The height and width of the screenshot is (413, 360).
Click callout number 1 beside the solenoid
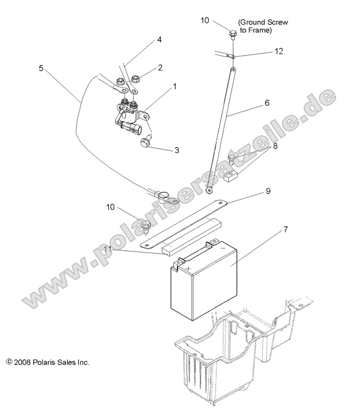pos(175,87)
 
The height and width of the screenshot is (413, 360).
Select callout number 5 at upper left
pos(41,67)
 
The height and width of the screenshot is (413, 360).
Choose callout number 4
pos(159,39)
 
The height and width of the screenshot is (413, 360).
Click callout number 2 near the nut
pos(160,67)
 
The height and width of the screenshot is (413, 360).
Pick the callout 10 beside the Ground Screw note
pos(205,20)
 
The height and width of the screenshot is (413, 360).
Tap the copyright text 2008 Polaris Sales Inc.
pos(48,362)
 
